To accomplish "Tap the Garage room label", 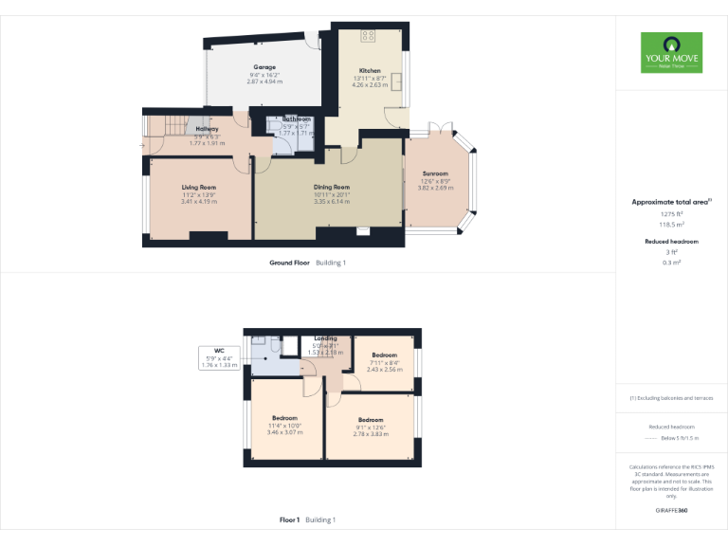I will click(264, 67).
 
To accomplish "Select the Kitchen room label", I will click(370, 71).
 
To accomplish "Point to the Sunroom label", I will click(435, 173).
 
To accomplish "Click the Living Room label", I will click(199, 188).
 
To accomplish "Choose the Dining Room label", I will click(332, 188).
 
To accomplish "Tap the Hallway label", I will click(207, 129).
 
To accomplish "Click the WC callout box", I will click(219, 357).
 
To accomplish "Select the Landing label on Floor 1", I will click(325, 338).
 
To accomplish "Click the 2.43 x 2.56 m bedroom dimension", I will click(386, 369).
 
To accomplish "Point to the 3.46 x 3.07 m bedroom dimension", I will click(285, 431).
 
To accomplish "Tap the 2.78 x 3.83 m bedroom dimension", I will click(371, 433).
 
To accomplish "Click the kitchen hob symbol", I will click(369, 36).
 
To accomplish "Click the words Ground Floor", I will click(289, 262).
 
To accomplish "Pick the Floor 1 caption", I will click(289, 519).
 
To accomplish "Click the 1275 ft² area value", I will click(672, 214).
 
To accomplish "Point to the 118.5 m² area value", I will click(672, 225).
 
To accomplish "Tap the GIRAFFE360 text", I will click(672, 511).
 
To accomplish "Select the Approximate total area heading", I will click(670, 202).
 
